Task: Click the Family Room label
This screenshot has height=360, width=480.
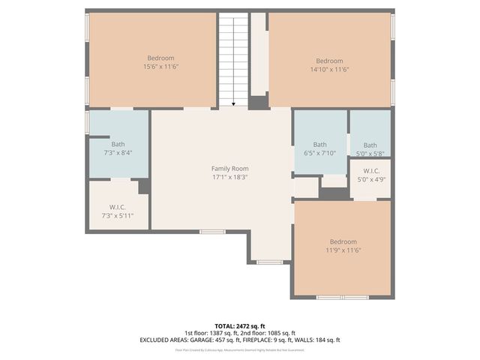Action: [x=229, y=169]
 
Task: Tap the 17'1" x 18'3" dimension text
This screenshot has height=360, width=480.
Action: [x=229, y=177]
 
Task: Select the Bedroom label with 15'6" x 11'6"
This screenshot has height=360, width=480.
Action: [x=160, y=58]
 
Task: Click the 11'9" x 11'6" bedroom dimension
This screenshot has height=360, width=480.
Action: [x=343, y=250]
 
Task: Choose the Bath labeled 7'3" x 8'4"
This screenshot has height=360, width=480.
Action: [x=118, y=144]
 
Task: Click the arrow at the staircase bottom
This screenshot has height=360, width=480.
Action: [x=233, y=104]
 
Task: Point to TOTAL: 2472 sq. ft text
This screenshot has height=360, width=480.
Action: [x=239, y=326]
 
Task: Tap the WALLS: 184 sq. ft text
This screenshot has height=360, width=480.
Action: [x=319, y=340]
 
